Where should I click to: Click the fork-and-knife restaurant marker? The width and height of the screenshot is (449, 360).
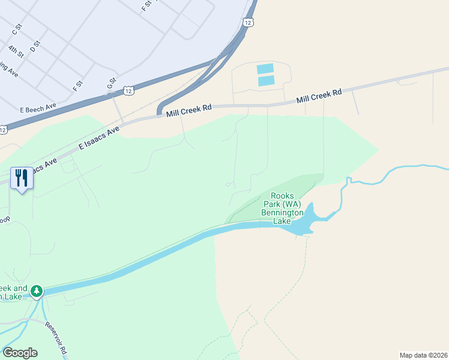click(x=22, y=178)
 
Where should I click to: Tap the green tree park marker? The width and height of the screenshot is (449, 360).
click(x=37, y=291)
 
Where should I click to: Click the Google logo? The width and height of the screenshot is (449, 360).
click(x=20, y=353)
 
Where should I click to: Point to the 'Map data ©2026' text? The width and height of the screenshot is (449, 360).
click(x=423, y=355)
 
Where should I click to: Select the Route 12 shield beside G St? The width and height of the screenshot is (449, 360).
click(x=128, y=91)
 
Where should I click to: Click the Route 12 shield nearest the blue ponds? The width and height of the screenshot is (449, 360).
click(x=247, y=22)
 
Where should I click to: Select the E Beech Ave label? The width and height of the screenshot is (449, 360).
click(x=37, y=108)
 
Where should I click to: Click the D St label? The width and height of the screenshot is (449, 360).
click(x=35, y=45)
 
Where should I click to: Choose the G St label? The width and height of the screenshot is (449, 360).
click(x=110, y=83)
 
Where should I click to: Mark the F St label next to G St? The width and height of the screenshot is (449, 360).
click(x=77, y=86)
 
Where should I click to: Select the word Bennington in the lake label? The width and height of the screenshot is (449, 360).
click(x=282, y=212)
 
